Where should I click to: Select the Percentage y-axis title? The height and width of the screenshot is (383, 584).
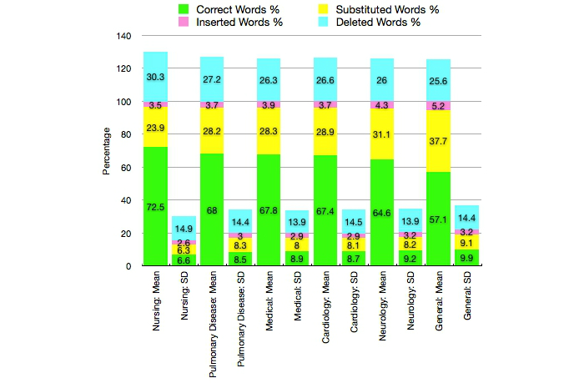106,151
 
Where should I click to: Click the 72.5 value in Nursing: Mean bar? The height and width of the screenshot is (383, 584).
155,205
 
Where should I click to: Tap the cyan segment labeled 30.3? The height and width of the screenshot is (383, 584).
155,77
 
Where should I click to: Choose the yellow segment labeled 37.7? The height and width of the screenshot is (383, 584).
437,141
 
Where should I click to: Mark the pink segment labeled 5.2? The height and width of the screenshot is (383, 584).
437,106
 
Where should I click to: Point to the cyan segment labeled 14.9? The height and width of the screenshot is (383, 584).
184,229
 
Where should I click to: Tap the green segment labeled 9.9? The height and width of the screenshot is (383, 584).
466,258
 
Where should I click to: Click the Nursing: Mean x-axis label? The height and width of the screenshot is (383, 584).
156,300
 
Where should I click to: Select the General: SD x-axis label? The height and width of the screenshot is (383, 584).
466,297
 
